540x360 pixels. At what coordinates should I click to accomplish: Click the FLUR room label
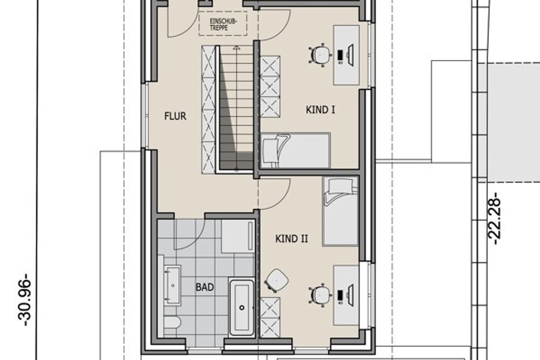tap(175, 116)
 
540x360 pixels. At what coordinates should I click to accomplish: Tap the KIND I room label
tap(320, 110)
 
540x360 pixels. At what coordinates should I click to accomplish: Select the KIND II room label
tap(292, 239)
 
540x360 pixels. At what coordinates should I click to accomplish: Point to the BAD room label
tap(205, 287)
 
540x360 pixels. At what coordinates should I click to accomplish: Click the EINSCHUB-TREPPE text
tap(223, 24)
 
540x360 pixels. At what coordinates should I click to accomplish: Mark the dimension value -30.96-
tap(26, 300)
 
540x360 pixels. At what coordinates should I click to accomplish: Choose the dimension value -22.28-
tap(495, 218)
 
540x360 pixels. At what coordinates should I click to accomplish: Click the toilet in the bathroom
tap(172, 323)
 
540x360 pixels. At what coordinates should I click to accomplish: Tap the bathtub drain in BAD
tap(242, 308)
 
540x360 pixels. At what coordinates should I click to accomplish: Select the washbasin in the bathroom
tap(172, 285)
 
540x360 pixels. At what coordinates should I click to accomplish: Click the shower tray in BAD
tap(238, 236)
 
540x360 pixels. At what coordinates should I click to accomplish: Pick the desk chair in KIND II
tap(320, 295)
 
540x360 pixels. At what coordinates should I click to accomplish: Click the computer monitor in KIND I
tap(351, 55)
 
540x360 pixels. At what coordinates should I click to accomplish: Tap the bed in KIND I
tap(296, 150)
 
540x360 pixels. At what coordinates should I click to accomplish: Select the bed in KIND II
tap(340, 211)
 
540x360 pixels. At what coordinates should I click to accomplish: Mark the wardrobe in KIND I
tap(269, 87)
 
